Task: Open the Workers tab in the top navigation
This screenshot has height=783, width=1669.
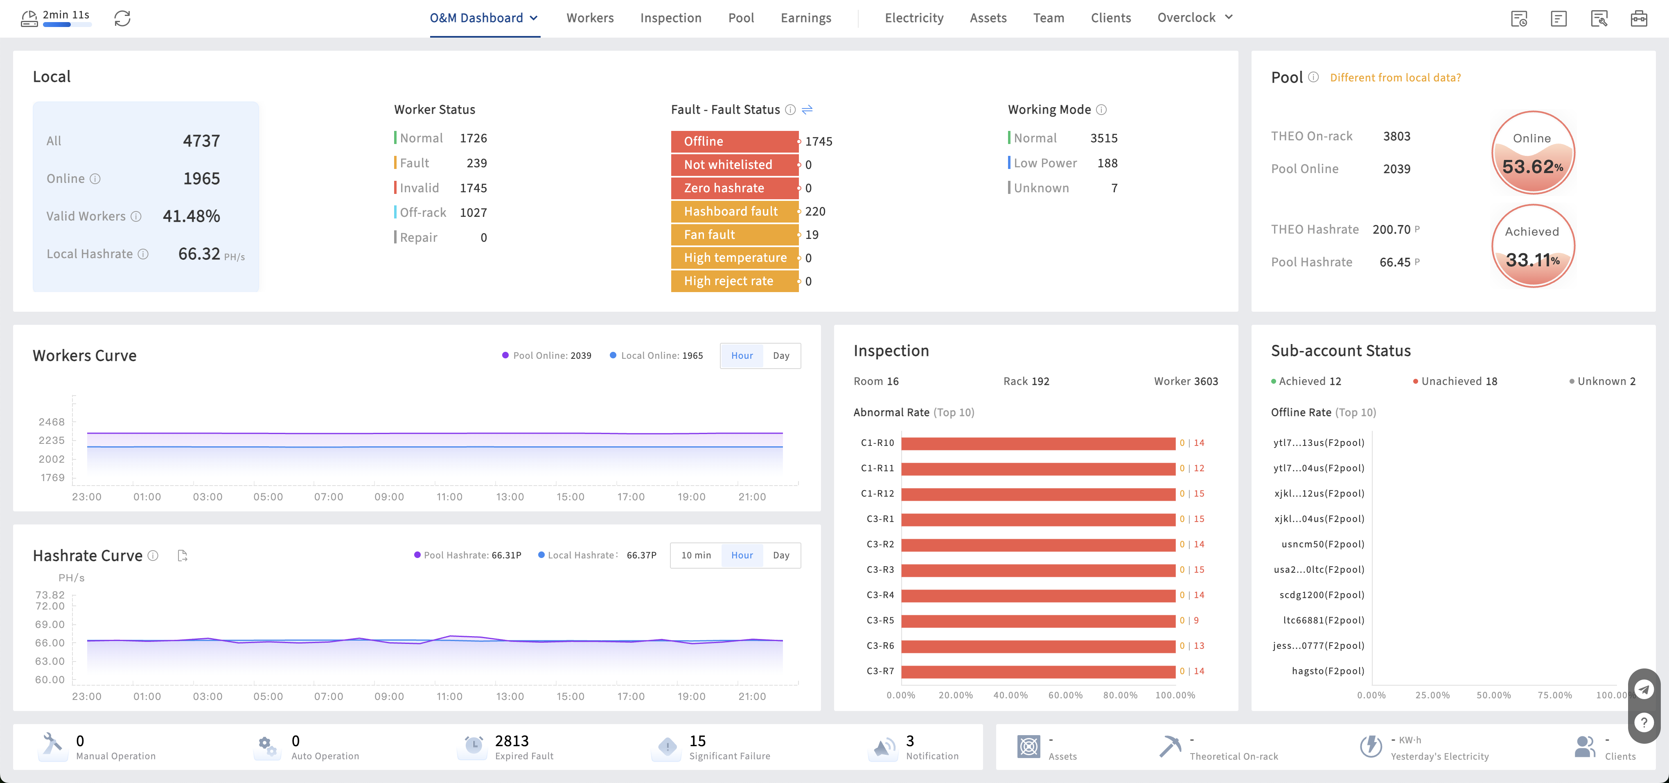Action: click(590, 18)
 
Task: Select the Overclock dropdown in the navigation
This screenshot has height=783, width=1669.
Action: click(1194, 18)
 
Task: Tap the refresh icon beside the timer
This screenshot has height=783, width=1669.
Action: click(122, 18)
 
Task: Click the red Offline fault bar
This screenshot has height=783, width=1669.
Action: click(734, 141)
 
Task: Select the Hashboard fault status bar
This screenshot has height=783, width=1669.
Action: click(734, 211)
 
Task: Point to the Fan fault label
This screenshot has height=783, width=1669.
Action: click(709, 234)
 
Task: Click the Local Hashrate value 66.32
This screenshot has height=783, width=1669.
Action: click(199, 254)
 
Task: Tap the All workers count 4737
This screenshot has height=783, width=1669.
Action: click(201, 141)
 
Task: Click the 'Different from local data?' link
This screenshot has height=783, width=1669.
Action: click(1395, 78)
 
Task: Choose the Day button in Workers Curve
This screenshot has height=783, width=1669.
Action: click(781, 355)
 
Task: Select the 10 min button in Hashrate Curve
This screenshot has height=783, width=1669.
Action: click(696, 555)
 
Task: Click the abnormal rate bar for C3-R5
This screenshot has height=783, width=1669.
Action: click(1038, 621)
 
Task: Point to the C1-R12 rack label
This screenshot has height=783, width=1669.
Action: click(877, 493)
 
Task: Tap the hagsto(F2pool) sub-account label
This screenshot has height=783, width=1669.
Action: click(1328, 671)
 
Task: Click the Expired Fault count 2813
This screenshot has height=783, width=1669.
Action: click(511, 741)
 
